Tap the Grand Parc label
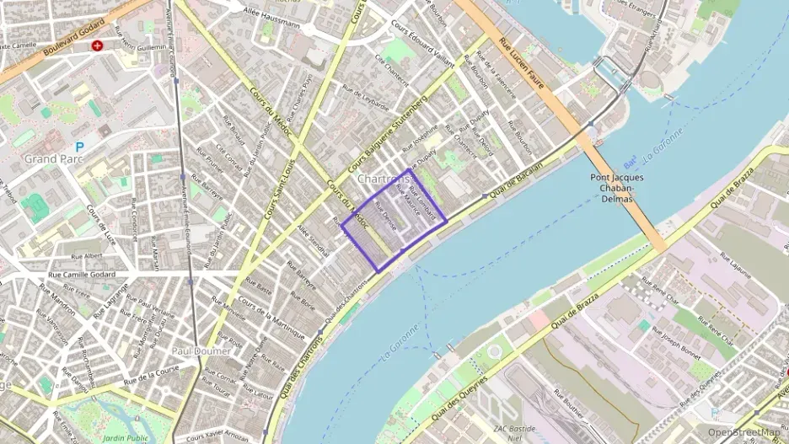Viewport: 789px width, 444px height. pos(51,158)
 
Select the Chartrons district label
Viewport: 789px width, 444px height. pos(384,179)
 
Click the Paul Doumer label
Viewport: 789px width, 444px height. pos(195,350)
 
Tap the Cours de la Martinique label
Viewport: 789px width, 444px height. pos(271,319)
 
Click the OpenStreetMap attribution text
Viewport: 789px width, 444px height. pos(743,432)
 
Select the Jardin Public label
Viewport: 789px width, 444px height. pos(126,438)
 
